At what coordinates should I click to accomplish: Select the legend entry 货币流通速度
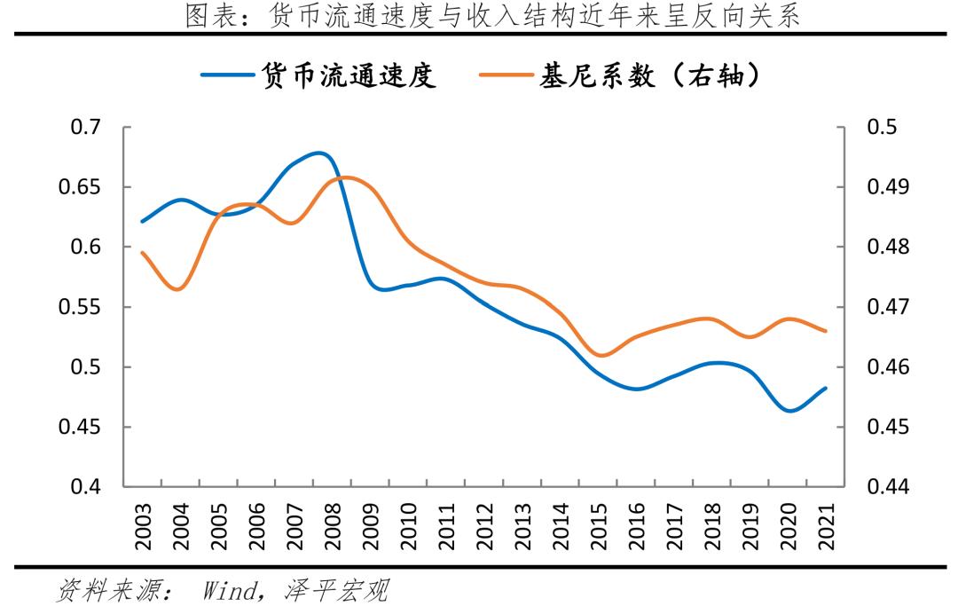point(319,77)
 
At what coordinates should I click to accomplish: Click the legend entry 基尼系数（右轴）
point(621,77)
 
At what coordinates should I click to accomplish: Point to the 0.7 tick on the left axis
point(86,128)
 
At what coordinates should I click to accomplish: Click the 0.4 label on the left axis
point(86,487)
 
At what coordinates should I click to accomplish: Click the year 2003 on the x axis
point(144,526)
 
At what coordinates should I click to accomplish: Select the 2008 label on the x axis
point(333,526)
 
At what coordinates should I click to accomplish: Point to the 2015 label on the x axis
point(599,526)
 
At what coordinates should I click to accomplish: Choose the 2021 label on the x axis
point(826,526)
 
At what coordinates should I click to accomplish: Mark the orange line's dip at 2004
point(179,289)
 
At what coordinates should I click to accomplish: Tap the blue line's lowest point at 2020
point(789,411)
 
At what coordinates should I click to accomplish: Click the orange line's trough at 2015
point(601,356)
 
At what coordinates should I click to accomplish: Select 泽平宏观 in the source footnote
point(337,589)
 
